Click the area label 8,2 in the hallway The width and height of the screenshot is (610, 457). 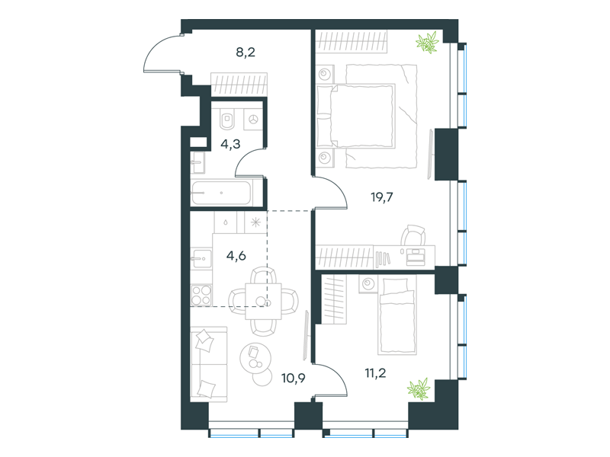click(x=246, y=52)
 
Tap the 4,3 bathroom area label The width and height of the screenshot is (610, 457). click(x=230, y=145)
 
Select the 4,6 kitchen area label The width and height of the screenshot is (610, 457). click(x=236, y=256)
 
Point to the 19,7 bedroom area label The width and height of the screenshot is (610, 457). click(x=382, y=197)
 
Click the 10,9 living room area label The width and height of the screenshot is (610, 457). click(x=294, y=378)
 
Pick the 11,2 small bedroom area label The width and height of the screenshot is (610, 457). click(x=375, y=373)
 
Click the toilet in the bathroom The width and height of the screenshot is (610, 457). click(x=226, y=119)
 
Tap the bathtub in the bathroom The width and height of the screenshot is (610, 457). click(x=221, y=193)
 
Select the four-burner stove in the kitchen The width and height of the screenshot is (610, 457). click(x=201, y=295)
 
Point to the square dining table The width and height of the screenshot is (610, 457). click(x=263, y=301)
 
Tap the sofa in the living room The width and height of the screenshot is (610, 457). click(x=208, y=364)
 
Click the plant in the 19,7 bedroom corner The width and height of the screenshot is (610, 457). click(x=427, y=43)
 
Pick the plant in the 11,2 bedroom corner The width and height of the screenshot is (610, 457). click(x=419, y=388)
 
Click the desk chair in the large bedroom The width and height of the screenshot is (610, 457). click(x=413, y=235)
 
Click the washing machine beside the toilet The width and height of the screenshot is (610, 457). click(x=253, y=120)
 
